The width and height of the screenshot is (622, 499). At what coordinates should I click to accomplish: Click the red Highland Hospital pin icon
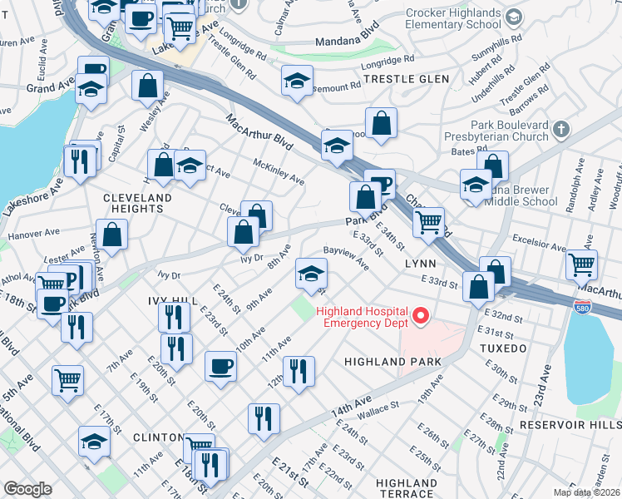422,315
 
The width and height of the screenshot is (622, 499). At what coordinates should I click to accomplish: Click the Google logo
28,489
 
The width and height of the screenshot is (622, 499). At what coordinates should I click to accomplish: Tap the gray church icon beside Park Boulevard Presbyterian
562,129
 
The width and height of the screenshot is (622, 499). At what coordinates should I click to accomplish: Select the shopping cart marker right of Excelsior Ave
581,264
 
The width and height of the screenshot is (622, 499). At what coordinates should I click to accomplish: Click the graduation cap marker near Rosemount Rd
296,81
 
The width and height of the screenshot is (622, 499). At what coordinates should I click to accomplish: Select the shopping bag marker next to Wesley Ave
147,85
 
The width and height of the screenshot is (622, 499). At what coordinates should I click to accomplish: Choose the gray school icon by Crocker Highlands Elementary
514,17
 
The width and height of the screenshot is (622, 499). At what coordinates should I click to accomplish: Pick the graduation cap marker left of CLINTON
94,442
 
